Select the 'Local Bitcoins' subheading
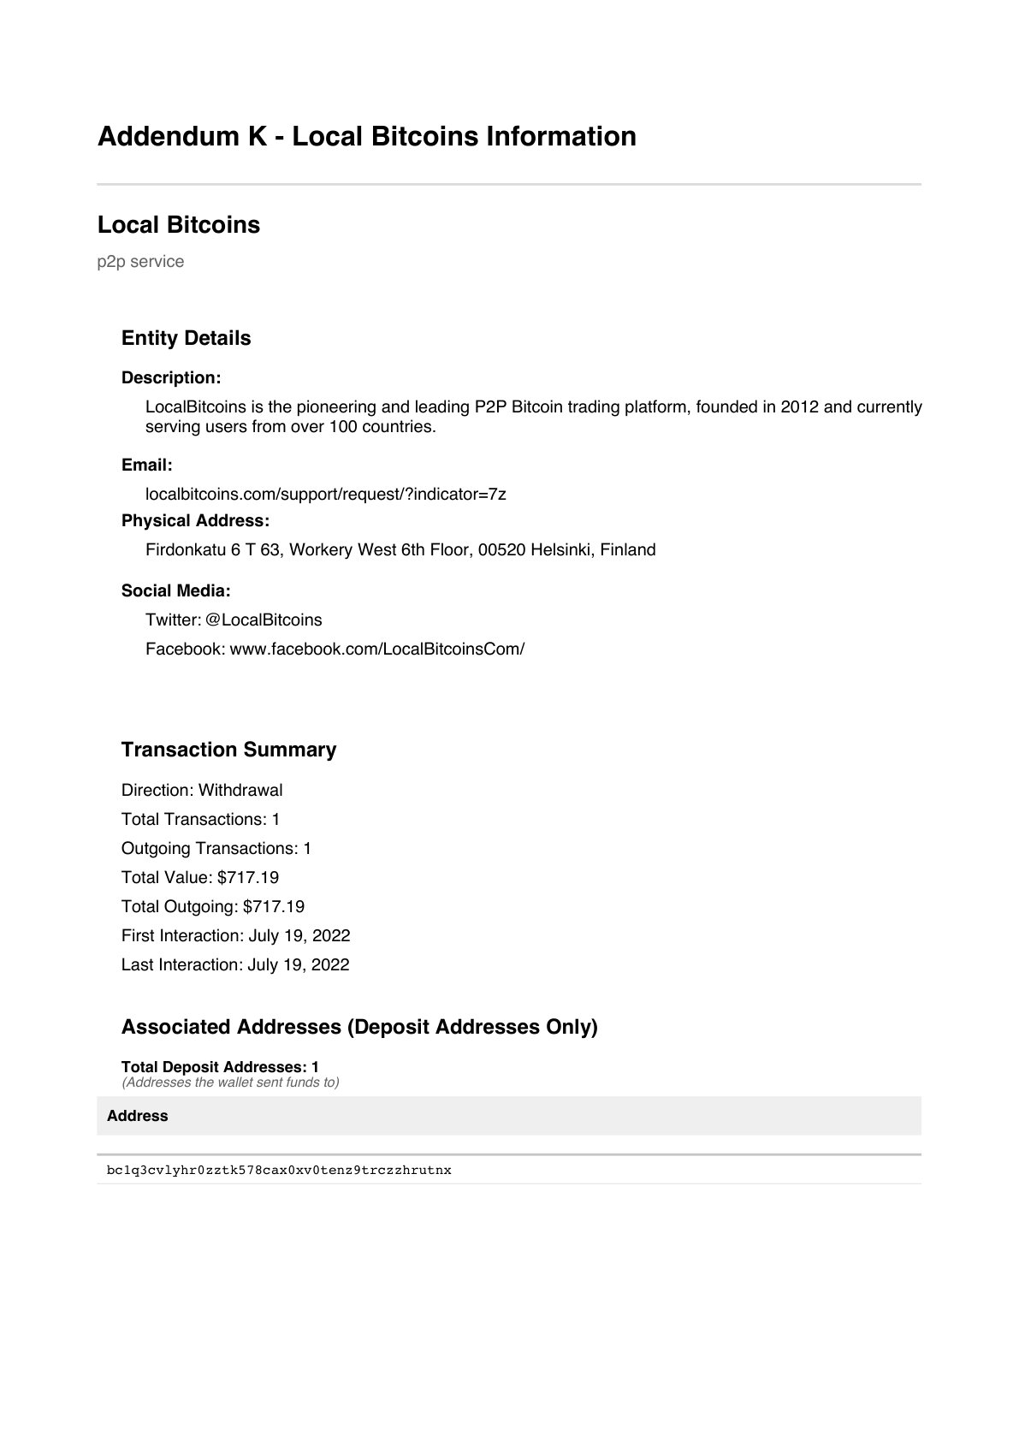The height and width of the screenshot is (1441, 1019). click(179, 225)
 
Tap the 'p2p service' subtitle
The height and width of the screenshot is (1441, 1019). click(140, 262)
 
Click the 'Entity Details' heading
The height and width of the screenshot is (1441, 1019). click(186, 338)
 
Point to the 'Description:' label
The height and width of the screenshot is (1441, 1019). click(171, 377)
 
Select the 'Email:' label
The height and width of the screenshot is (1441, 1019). click(147, 465)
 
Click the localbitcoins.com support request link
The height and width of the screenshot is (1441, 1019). click(325, 494)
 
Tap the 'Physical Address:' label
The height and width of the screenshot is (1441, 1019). click(195, 520)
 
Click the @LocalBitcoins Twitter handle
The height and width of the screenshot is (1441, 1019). click(264, 620)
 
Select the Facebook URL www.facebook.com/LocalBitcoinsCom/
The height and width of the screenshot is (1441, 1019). click(377, 649)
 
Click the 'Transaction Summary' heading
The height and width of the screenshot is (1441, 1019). click(228, 750)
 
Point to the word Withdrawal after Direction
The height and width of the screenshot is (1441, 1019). click(240, 790)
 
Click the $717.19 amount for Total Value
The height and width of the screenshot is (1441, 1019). click(248, 877)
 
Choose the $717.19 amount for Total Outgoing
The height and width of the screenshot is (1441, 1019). click(274, 906)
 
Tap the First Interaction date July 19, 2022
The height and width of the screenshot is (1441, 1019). click(299, 935)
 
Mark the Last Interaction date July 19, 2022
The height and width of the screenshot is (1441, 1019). click(299, 964)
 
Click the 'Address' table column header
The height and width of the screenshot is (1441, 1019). click(138, 1116)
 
